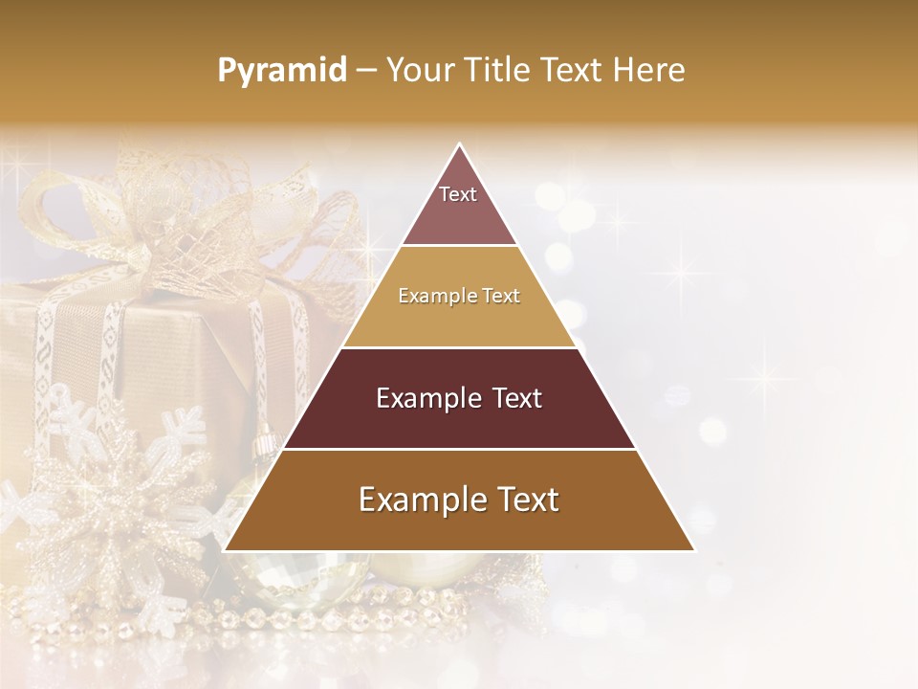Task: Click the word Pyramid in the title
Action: [x=282, y=71]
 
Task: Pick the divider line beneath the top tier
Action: [x=459, y=246]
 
